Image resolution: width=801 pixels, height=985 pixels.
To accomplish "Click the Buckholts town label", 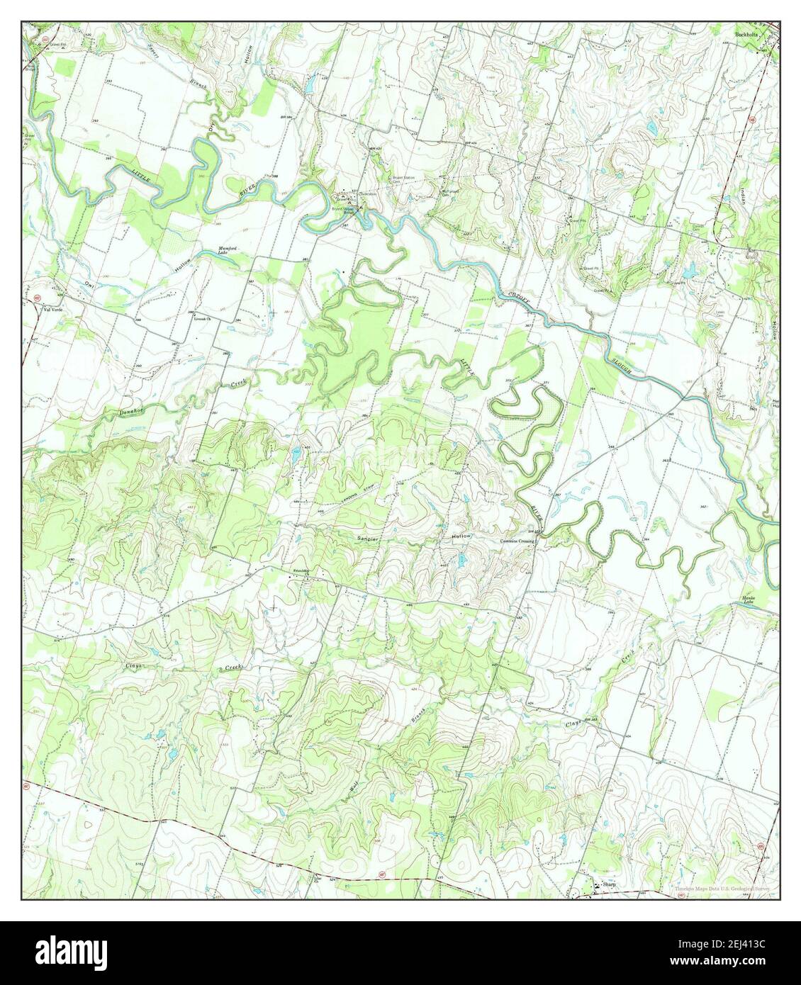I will point(749,34).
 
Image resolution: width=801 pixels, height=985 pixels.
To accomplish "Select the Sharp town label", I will point(607,885).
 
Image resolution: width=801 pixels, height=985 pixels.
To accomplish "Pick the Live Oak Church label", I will point(203,319).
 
